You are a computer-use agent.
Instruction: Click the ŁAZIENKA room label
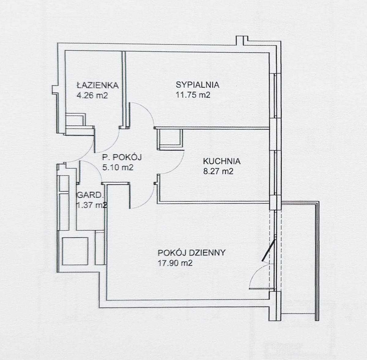(x=98, y=85)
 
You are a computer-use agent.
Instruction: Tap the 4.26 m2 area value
(x=92, y=95)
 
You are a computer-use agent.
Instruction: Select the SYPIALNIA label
(x=198, y=85)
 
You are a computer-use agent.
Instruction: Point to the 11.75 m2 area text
(x=193, y=95)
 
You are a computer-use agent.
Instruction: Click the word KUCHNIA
(x=222, y=161)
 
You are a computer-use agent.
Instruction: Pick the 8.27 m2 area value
(x=218, y=172)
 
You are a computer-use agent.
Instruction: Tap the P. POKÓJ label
(x=122, y=158)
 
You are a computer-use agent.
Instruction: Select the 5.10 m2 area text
(x=118, y=168)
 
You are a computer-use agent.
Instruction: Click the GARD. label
(x=91, y=195)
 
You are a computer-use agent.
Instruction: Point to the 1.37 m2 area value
(x=91, y=205)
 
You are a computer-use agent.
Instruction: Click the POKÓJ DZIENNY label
(x=191, y=253)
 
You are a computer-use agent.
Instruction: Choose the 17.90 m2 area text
(x=175, y=263)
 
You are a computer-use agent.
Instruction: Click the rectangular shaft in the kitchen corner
(x=170, y=139)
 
